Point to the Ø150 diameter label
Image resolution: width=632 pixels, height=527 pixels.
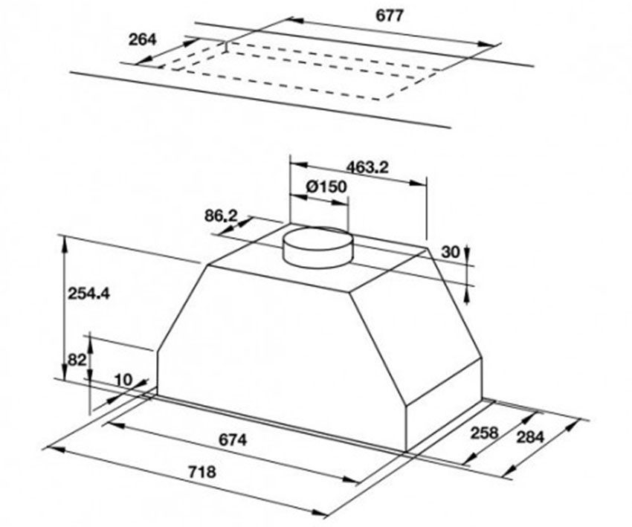coord(326,187)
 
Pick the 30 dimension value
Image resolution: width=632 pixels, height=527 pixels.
coord(450,252)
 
